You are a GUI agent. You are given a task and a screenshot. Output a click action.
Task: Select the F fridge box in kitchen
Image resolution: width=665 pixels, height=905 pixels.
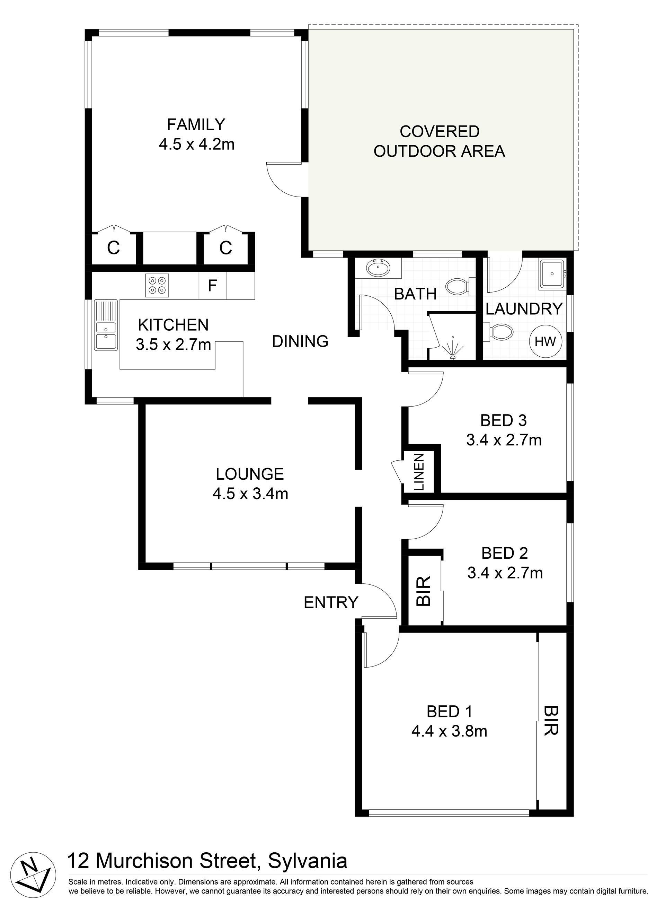(x=213, y=286)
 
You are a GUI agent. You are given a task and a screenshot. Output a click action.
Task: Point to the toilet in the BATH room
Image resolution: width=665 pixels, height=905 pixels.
(x=460, y=287)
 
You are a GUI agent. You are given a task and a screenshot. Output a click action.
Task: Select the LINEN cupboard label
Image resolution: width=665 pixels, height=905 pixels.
(x=419, y=472)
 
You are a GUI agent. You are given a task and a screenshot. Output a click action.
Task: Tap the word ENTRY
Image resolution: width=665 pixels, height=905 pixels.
(x=331, y=602)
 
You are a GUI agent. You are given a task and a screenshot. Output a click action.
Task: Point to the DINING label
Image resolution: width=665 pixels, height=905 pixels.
(x=300, y=341)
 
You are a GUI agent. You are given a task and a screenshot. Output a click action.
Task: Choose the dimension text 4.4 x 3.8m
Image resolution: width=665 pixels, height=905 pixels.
(x=449, y=731)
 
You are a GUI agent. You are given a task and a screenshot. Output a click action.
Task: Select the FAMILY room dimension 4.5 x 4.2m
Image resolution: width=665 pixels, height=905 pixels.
(x=196, y=144)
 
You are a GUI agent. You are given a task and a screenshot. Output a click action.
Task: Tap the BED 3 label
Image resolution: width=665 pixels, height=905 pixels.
(x=504, y=420)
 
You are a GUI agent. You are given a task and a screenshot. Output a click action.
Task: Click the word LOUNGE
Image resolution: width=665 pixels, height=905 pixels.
(x=250, y=474)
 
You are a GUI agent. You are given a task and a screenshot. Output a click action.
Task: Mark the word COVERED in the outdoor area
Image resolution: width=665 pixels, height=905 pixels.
(x=440, y=131)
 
